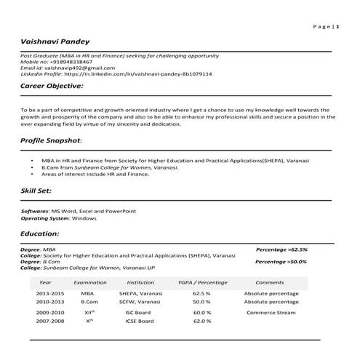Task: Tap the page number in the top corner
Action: pyautogui.click(x=327, y=26)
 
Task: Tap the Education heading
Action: pyautogui.click(x=40, y=234)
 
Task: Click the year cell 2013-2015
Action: pyautogui.click(x=50, y=293)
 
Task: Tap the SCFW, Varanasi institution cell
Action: pyautogui.click(x=140, y=301)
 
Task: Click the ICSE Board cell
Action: pyautogui.click(x=140, y=321)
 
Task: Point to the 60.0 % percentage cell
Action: pyautogui.click(x=201, y=312)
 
